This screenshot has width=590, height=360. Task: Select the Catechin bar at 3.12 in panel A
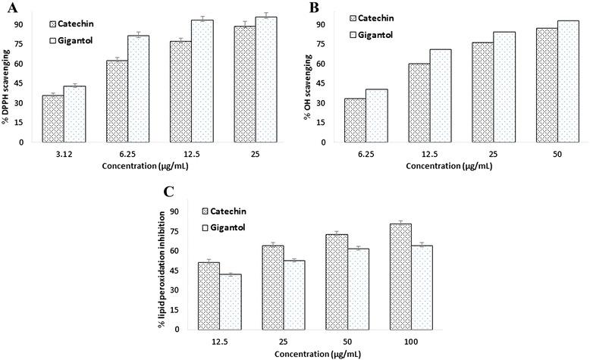pos(52,118)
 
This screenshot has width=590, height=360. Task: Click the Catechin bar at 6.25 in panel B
pos(355,120)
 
